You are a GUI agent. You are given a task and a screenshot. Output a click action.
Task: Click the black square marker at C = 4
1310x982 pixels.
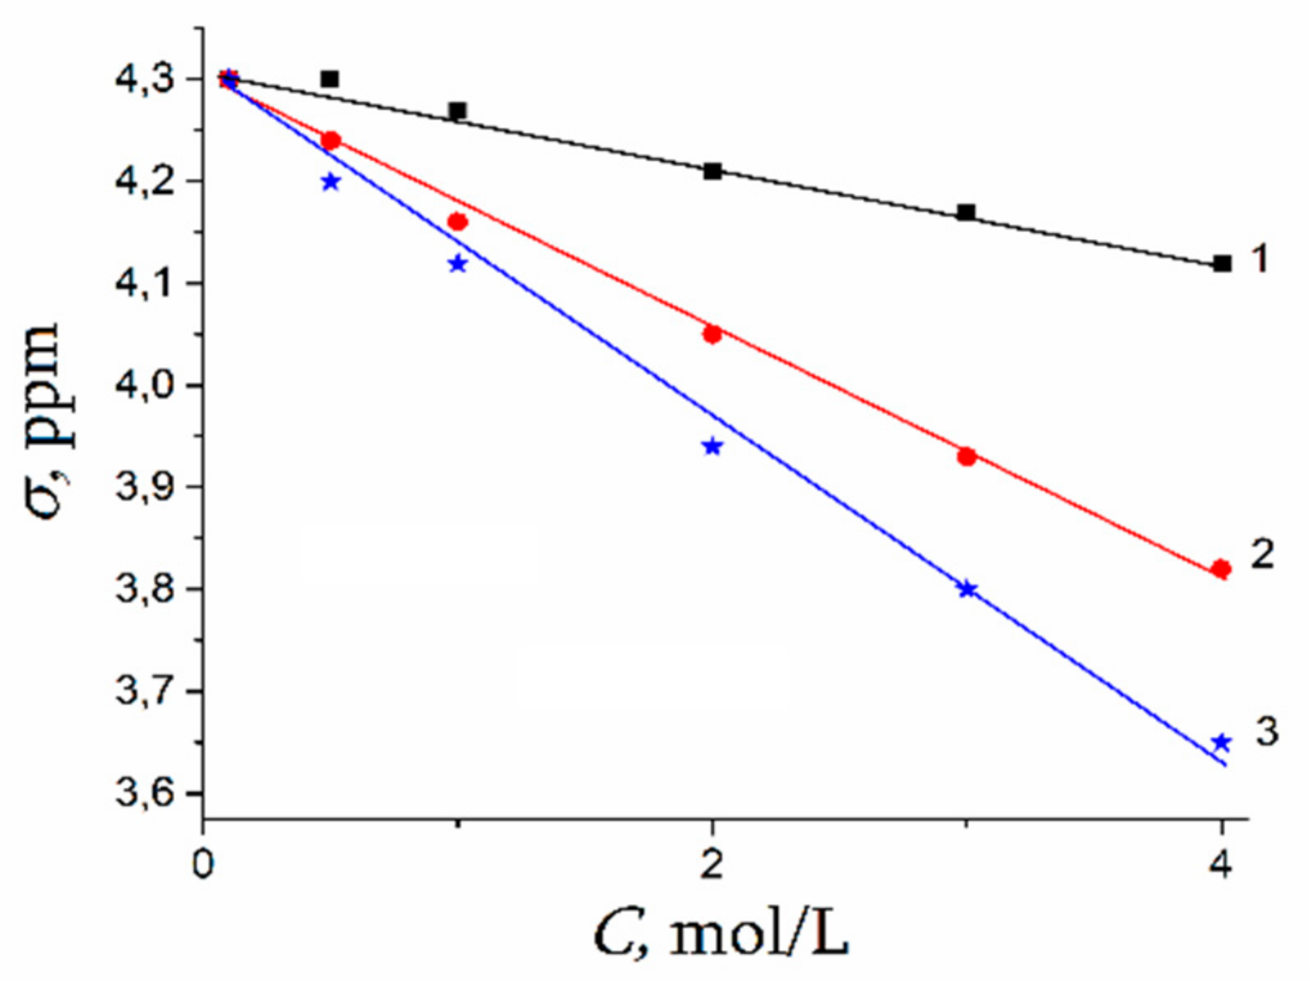click(x=1221, y=264)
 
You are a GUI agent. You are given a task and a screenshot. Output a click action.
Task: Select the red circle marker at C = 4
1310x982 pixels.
click(x=1221, y=569)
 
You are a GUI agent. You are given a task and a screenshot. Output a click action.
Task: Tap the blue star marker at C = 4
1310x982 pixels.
click(x=1221, y=742)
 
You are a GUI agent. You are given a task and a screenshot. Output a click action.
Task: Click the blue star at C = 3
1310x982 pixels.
click(x=968, y=589)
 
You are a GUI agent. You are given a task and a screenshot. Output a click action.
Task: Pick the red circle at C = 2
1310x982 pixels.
click(x=712, y=334)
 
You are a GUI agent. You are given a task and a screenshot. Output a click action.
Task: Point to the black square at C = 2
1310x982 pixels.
click(x=712, y=172)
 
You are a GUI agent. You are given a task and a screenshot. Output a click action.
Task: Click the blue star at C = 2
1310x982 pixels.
click(x=712, y=447)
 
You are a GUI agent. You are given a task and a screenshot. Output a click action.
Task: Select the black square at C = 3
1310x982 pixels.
click(x=967, y=213)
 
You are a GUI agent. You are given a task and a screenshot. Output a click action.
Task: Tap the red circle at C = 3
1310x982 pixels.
click(x=967, y=457)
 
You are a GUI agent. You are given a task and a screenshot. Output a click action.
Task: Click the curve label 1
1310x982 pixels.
click(x=1260, y=259)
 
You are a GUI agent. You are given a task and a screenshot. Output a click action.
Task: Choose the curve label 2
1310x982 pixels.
click(x=1262, y=554)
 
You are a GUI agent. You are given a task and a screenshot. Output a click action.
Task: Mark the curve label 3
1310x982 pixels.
click(x=1266, y=731)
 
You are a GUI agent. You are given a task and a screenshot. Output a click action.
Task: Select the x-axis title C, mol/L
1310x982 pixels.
click(x=721, y=935)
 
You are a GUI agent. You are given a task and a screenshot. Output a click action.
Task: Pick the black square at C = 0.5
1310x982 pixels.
click(x=330, y=79)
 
